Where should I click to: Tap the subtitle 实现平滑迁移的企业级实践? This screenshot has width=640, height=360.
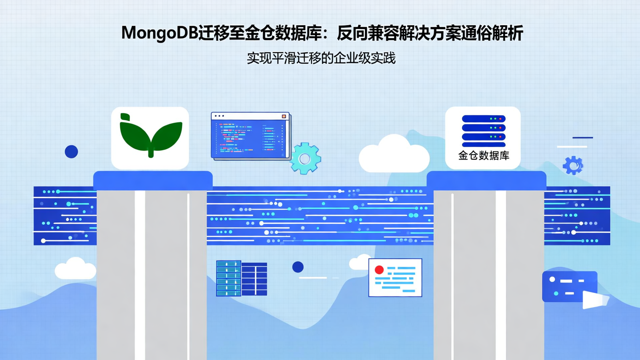pyautogui.click(x=321, y=58)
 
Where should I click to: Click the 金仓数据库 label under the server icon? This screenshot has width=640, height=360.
pyautogui.click(x=484, y=156)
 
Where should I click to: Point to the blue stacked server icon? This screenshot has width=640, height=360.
pyautogui.click(x=484, y=131)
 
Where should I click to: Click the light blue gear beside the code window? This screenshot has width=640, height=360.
pyautogui.click(x=305, y=158)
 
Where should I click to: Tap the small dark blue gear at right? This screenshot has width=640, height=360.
pyautogui.click(x=573, y=165)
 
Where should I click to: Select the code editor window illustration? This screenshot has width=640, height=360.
pyautogui.click(x=251, y=136)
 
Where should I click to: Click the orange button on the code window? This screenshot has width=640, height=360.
pyautogui.click(x=284, y=116)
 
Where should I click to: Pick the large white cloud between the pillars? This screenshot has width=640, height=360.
pyautogui.click(x=394, y=155)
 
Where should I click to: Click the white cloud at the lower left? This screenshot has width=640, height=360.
pyautogui.click(x=75, y=269)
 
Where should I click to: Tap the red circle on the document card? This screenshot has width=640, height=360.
pyautogui.click(x=379, y=270)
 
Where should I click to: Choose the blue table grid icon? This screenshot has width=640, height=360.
pyautogui.click(x=241, y=278)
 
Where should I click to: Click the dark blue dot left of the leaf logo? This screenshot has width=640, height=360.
pyautogui.click(x=72, y=152)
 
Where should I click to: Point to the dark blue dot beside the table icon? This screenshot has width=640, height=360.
pyautogui.click(x=298, y=267)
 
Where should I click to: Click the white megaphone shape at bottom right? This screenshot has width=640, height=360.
pyautogui.click(x=595, y=300)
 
